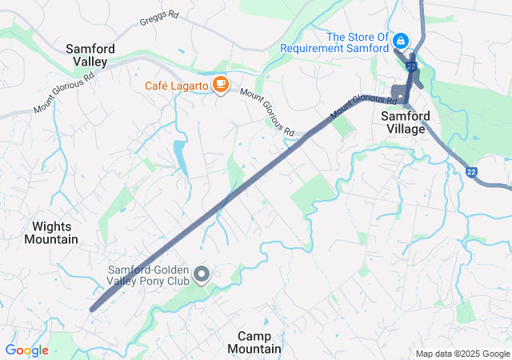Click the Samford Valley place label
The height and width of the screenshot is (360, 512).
[90, 54]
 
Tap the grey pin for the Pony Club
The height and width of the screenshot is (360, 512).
[202, 275]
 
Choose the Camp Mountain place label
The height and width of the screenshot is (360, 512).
[254, 342]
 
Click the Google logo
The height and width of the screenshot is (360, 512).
[26, 350]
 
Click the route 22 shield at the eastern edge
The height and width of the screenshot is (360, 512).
[472, 171]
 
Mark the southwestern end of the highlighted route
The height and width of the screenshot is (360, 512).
[92, 309]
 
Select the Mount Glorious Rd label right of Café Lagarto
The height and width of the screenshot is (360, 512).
[267, 111]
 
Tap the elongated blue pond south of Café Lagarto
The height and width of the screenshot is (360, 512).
[180, 158]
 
